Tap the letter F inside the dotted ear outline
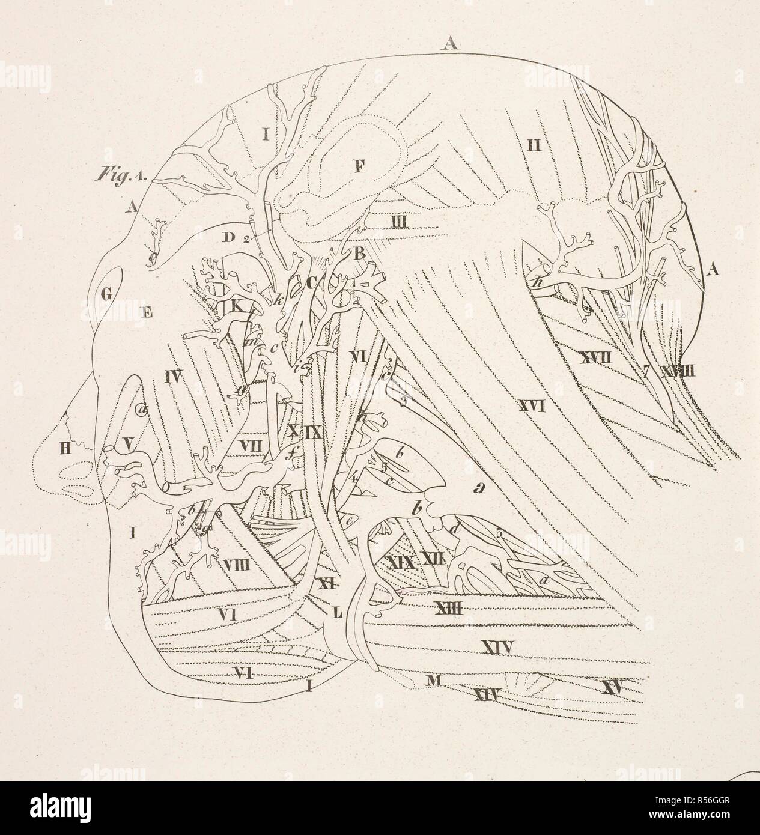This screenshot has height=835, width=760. pos(359,166)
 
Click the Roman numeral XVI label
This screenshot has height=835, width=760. pos(532,407)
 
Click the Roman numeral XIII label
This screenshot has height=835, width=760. pos(447,609)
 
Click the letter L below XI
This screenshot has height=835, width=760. pos(337,612)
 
